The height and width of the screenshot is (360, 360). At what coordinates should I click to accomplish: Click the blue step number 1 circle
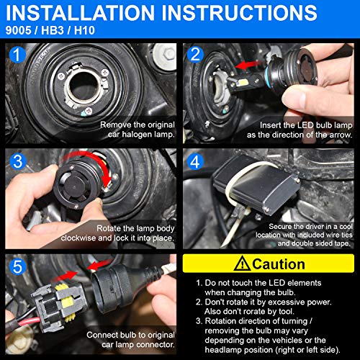pos(17,55)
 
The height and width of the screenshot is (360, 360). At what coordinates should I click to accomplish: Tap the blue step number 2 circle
pos(195,55)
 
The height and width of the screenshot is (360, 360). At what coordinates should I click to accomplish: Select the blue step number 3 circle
pos(18,161)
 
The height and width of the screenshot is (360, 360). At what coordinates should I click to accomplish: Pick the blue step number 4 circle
pos(195,161)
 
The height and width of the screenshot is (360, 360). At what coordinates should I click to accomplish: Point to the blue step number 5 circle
pos(18,266)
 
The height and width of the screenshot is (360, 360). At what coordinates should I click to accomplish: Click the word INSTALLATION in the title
pos(81,12)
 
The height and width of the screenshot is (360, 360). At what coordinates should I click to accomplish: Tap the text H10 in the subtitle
pos(84,30)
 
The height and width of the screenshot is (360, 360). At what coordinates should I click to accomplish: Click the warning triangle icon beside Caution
pos(242,264)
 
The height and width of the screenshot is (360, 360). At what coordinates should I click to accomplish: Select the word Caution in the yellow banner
pos(279,264)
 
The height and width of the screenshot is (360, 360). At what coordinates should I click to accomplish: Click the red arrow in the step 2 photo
pos(248,65)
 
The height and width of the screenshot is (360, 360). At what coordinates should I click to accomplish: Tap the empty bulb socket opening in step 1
pos(83,87)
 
